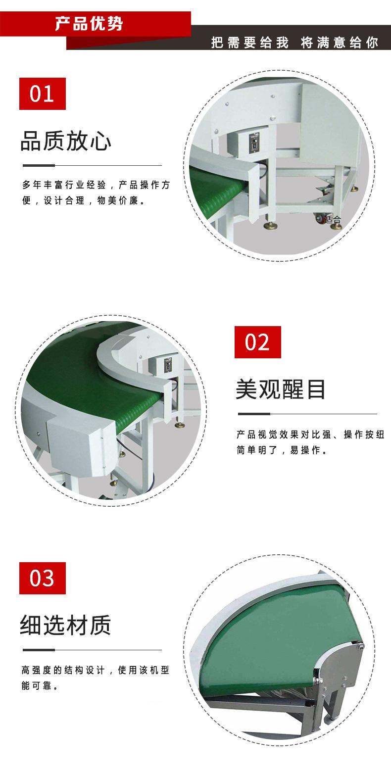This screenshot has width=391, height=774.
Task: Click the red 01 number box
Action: pos(42,94)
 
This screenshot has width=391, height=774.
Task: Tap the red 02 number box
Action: pos(257,342)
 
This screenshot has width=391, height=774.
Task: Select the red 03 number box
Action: pos(42,578)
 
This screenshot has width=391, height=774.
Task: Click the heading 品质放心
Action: pos(65,141)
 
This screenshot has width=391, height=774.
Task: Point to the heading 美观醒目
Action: pos(281,389)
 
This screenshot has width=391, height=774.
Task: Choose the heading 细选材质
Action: pos(65,625)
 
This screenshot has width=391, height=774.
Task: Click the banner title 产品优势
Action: pos(89,23)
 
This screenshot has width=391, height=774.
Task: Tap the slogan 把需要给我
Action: pos(249,42)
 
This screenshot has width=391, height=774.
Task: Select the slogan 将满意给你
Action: pos(339,42)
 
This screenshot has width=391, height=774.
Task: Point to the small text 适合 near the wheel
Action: pos(334,219)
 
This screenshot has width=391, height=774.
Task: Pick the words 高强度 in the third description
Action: pos(37,671)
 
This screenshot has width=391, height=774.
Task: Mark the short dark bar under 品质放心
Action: pos(39,165)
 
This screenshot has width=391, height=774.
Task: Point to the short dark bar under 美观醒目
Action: pos(254,414)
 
